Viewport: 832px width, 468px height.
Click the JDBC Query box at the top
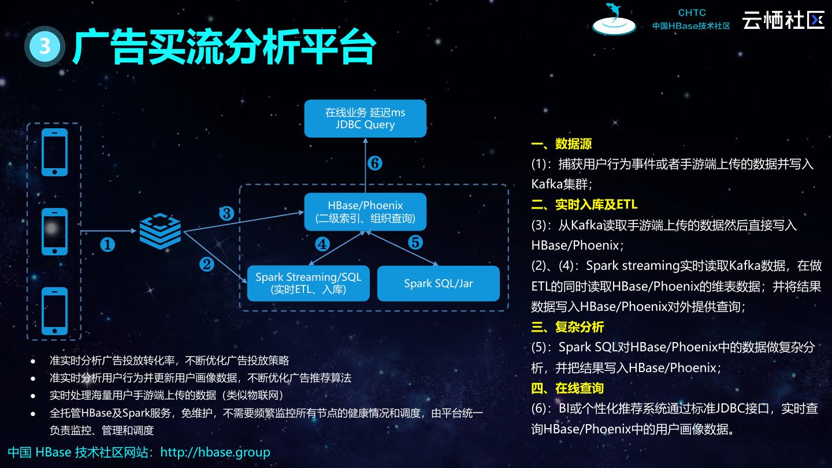[365, 118]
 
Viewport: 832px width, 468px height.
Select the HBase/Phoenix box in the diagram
[365, 212]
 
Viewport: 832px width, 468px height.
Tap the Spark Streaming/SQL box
[308, 283]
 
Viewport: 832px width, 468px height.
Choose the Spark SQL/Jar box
[438, 283]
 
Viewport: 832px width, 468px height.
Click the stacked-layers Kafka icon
[160, 231]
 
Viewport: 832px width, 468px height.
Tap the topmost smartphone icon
[55, 152]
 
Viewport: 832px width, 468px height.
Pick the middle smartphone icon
[55, 231]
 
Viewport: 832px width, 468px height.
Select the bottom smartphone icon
[55, 311]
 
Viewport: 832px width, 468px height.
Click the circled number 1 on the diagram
[107, 246]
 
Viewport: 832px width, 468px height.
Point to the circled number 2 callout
[207, 264]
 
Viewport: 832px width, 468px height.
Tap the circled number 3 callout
[226, 214]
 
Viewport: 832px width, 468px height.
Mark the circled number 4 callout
[322, 244]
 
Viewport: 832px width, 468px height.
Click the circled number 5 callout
[415, 243]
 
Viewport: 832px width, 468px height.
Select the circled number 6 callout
[374, 164]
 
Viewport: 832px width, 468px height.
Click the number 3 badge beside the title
[44, 46]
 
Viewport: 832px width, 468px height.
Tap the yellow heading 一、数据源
[562, 144]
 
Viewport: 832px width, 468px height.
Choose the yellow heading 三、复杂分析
[567, 327]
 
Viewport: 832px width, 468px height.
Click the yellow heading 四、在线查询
[567, 388]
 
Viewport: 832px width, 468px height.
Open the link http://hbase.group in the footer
[215, 452]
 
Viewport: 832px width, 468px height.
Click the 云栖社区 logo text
[783, 20]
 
